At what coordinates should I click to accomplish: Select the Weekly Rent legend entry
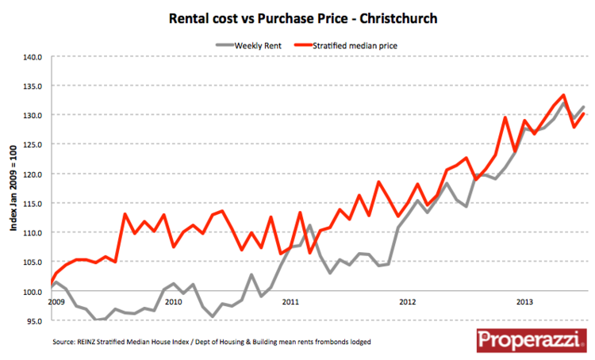coord(255,46)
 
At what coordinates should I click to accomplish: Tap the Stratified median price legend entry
coord(355,46)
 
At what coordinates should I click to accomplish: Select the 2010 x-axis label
coord(173,302)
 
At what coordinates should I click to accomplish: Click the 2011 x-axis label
coord(290,302)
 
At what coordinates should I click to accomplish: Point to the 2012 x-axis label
coord(408,302)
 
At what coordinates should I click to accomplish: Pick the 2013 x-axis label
coord(524,302)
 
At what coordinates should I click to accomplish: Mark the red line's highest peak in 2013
coord(562,95)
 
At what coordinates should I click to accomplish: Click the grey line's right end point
coord(584,107)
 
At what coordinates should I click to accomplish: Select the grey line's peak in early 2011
coord(309,225)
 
